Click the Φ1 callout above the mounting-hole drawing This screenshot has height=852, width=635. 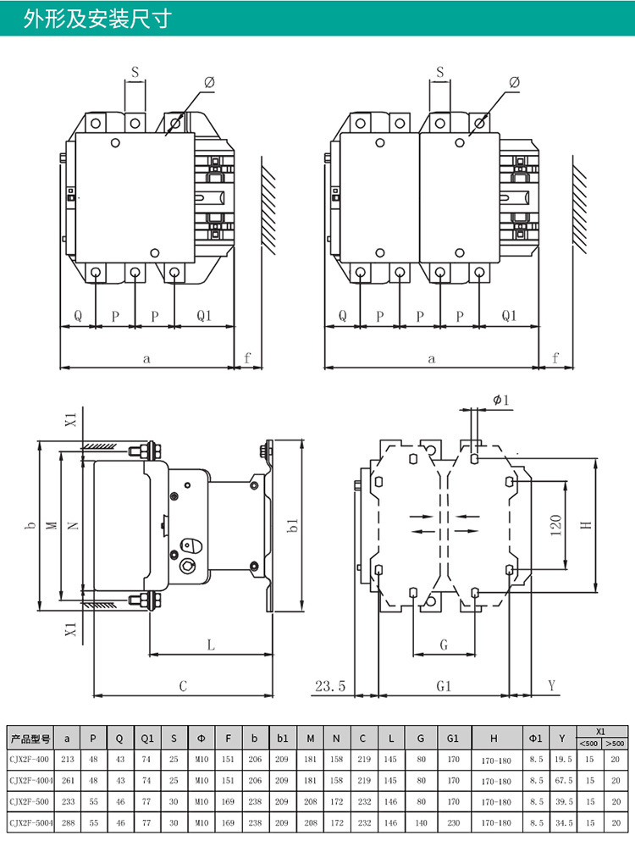(x=501, y=400)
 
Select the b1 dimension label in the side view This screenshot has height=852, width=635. (x=293, y=526)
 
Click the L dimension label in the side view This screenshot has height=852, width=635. (x=210, y=645)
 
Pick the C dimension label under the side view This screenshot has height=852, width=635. (x=182, y=686)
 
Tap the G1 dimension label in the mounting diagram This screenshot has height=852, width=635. (x=442, y=686)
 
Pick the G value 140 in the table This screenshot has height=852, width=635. (x=420, y=822)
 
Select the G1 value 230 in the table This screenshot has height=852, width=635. (x=453, y=822)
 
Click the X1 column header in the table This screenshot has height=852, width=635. (x=601, y=731)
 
